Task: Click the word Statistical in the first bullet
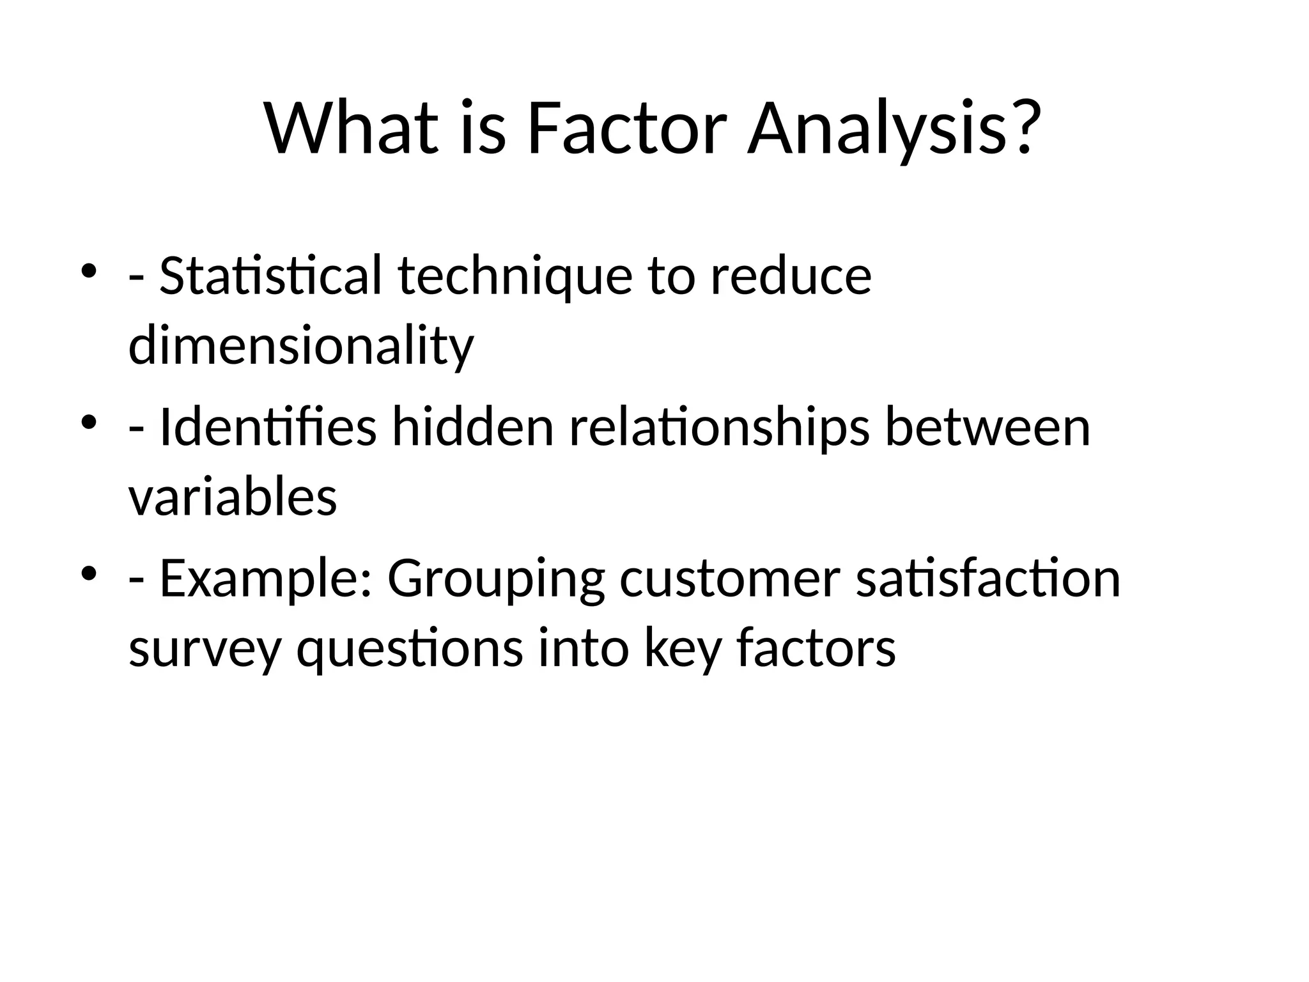pyautogui.click(x=270, y=276)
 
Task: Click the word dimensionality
pyautogui.click(x=301, y=346)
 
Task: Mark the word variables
pyautogui.click(x=233, y=497)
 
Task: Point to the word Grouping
pyautogui.click(x=495, y=578)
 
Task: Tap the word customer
pyautogui.click(x=729, y=578)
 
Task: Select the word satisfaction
pyautogui.click(x=988, y=578)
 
